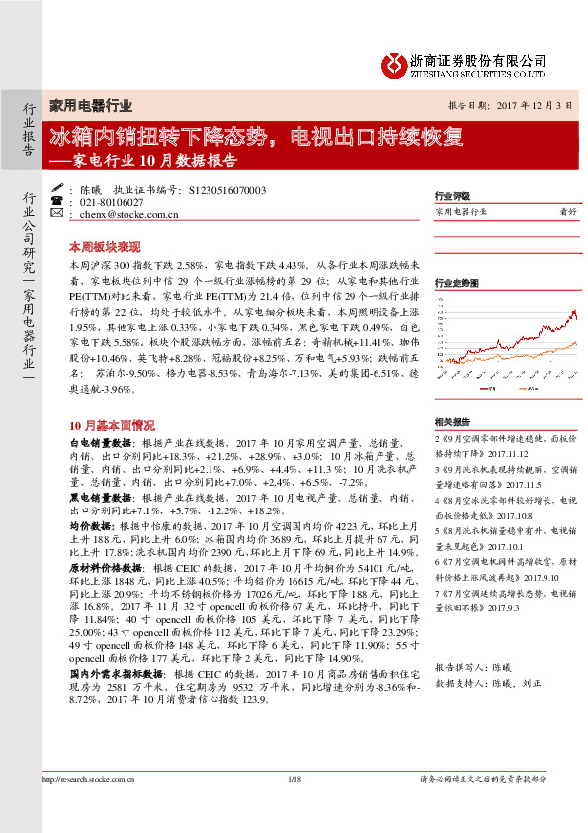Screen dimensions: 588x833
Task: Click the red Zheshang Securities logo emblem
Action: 394,63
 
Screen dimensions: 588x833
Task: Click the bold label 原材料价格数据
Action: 107,569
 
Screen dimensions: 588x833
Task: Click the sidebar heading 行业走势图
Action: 455,282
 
